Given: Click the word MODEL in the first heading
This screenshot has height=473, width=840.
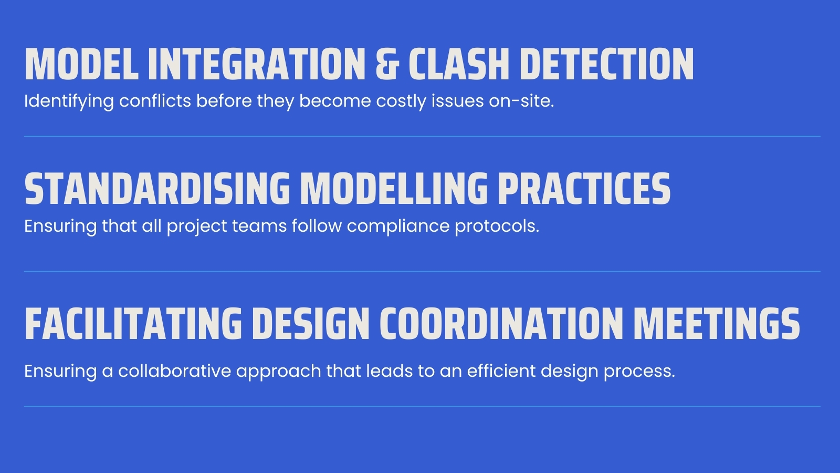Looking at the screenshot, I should pos(81,65).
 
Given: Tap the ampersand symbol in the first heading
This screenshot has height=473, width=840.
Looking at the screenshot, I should pos(387,65).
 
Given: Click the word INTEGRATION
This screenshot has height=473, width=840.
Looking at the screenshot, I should pos(256,65).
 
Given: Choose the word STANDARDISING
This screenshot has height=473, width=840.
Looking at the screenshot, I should pos(157,189).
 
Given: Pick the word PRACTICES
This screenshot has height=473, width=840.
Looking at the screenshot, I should pos(584,189).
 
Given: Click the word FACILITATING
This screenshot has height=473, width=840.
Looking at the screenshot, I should pos(133,324).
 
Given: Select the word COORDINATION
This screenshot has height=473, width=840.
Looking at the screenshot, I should pos(500,324).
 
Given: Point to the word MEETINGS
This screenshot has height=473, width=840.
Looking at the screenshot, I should pos(717,324).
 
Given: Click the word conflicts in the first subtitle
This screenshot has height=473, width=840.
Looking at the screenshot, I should pos(155,101).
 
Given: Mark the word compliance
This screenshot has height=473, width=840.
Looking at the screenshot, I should pos(398,227).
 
